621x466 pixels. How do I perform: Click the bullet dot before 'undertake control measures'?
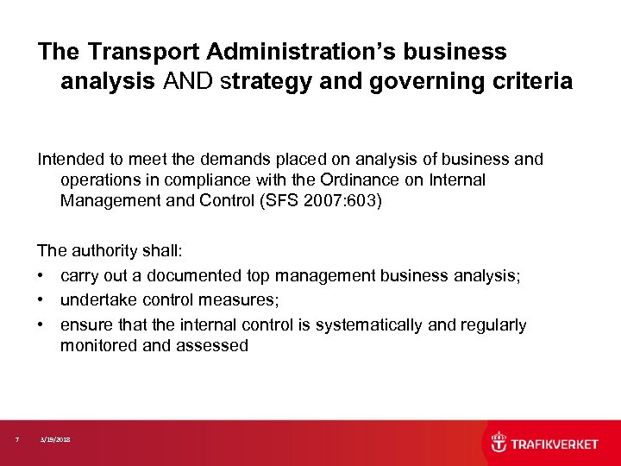click(41, 300)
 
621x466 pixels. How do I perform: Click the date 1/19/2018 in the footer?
click(55, 440)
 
